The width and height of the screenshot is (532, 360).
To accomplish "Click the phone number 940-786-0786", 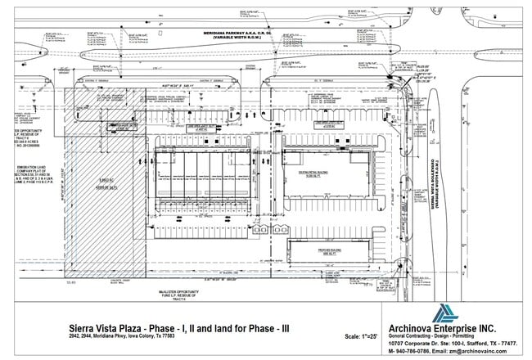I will [x=413, y=351].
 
